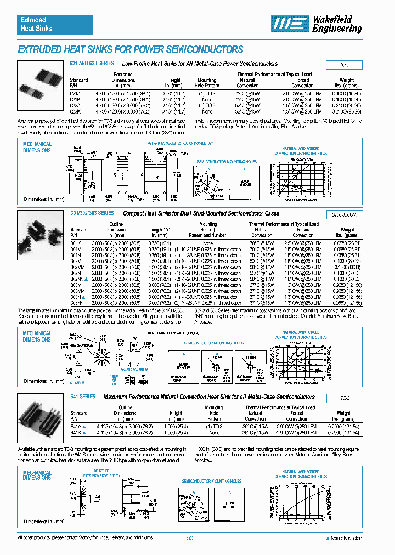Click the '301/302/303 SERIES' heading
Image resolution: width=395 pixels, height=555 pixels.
click(x=92, y=213)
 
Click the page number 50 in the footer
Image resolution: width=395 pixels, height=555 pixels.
click(x=190, y=538)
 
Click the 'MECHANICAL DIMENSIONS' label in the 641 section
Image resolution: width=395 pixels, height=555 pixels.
click(x=37, y=475)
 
